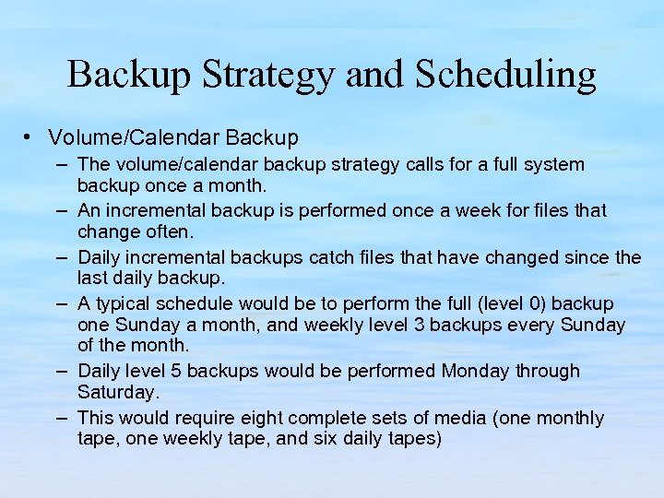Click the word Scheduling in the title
[x=505, y=75]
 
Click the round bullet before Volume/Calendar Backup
[x=30, y=137]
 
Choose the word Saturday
[x=118, y=392]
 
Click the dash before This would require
[x=60, y=417]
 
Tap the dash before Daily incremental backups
[x=60, y=256]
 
